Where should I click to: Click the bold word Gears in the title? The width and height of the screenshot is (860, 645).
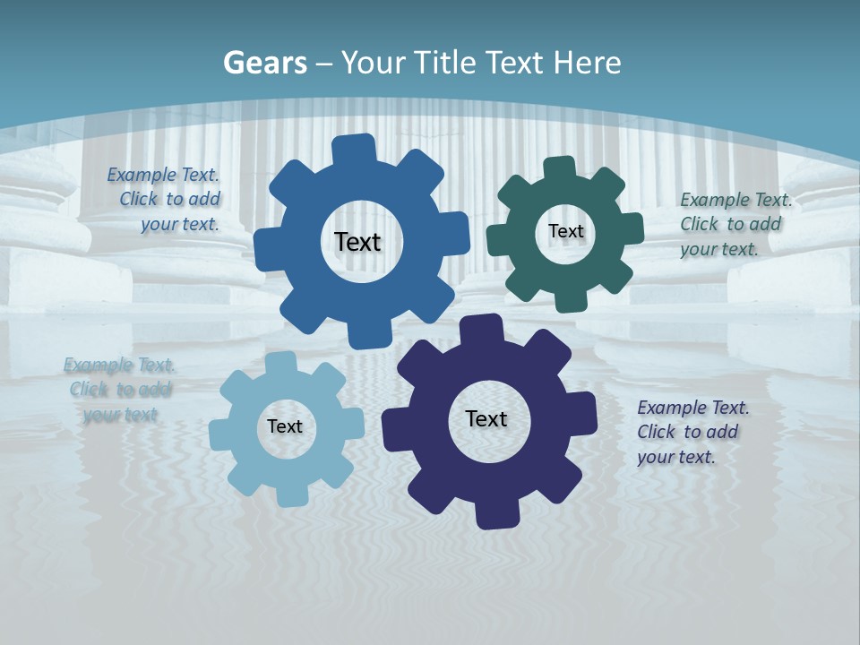264,63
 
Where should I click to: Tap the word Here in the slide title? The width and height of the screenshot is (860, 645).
587,63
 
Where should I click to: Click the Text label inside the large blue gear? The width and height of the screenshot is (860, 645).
357,242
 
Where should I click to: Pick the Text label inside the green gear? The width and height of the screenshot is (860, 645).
565,231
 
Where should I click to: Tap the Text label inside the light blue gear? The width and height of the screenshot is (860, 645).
285,426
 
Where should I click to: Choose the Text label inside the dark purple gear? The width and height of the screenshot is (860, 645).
486,418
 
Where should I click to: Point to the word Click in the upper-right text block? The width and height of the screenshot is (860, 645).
701,224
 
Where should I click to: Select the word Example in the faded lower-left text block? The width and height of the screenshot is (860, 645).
98,365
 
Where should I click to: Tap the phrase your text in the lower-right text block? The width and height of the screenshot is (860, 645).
675,457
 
